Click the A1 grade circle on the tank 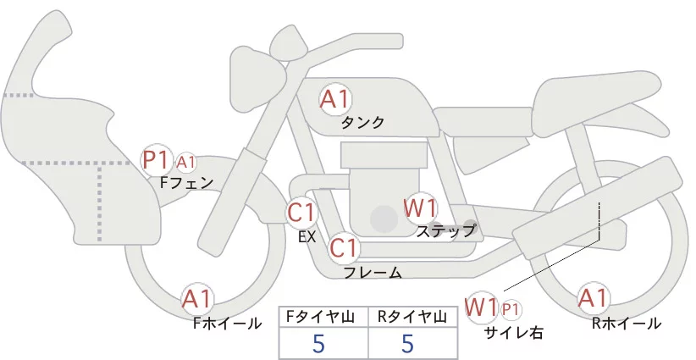click(335, 99)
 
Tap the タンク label click(362, 123)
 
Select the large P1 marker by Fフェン click(157, 159)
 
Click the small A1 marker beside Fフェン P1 click(186, 161)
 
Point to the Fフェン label click(186, 181)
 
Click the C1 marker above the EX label click(301, 212)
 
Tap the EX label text click(307, 237)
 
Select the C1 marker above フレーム click(344, 249)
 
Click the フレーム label click(373, 273)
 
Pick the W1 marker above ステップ click(420, 208)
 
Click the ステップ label click(445, 230)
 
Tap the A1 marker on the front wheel click(197, 299)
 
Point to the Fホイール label click(228, 322)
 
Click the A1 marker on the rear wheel click(592, 298)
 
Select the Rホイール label click(627, 323)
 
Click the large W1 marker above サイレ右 click(481, 306)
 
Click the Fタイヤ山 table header click(323, 317)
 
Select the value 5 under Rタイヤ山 click(407, 344)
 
